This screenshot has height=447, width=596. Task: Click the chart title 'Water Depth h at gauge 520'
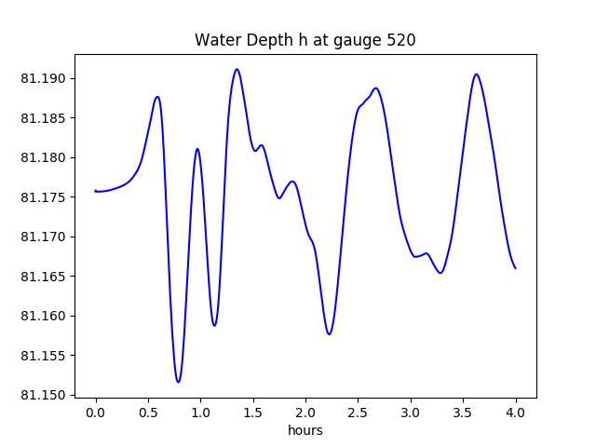click(305, 40)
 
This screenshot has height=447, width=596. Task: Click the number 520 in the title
click(401, 40)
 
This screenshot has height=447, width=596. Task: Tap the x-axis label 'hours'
click(305, 430)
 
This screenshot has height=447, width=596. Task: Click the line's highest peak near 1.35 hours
click(237, 69)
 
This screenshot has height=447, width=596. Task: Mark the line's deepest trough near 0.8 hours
click(178, 382)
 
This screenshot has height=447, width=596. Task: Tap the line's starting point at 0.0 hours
click(95, 191)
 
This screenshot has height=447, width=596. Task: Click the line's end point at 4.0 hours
click(515, 268)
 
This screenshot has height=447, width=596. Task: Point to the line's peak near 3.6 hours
click(476, 74)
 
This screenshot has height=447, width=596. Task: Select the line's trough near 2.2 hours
click(329, 334)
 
